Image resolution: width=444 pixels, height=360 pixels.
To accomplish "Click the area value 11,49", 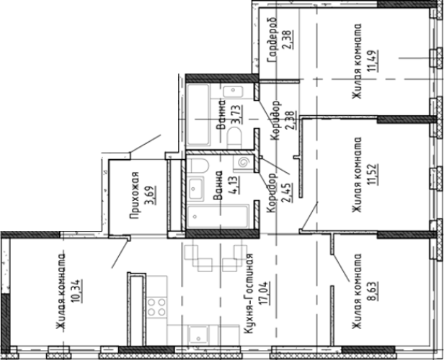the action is [x=372, y=61].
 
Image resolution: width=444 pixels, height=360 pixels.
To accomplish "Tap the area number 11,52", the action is [x=372, y=174].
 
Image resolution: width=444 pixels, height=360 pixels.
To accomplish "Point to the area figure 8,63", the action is [x=372, y=292].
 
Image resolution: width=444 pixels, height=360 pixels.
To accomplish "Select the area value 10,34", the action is [x=78, y=291].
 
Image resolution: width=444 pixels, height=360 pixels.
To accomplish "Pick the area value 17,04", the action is [x=265, y=293].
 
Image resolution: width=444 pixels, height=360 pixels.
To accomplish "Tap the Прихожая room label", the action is [x=135, y=195].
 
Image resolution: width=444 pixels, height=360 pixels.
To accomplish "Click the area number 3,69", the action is [x=151, y=195].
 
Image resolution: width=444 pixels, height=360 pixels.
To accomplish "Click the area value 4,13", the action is [x=235, y=185].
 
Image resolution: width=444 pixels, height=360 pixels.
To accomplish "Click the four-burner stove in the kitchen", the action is [x=157, y=307].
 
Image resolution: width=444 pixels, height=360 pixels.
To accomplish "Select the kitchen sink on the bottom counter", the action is [x=199, y=335].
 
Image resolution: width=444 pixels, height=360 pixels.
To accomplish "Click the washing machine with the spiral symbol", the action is [x=243, y=163].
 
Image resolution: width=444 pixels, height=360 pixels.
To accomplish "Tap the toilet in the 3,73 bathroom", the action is [x=234, y=138].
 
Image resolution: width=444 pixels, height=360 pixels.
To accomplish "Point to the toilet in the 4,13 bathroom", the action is [x=200, y=166].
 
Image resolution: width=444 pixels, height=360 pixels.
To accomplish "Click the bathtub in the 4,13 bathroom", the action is [x=218, y=217].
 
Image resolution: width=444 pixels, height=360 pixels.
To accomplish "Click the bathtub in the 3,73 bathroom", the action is [x=198, y=114].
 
